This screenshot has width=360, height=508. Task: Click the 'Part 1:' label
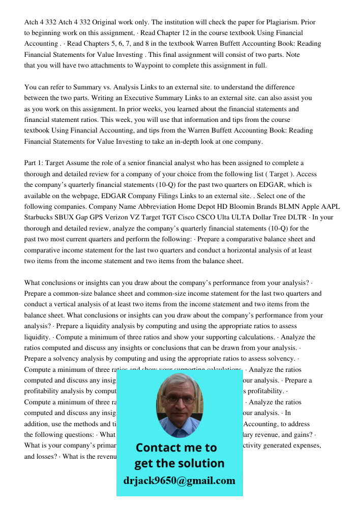click(x=34, y=163)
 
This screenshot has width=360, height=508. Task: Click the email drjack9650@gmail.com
click(x=179, y=480)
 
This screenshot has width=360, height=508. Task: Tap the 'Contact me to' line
click(x=176, y=448)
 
